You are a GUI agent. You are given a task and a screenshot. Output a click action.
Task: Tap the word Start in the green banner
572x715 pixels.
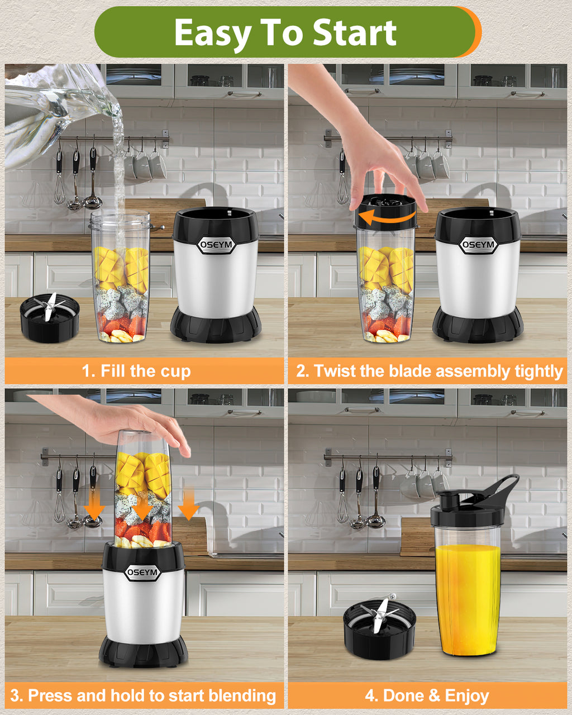355,32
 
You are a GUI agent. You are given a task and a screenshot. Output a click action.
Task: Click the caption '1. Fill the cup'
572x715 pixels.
136,371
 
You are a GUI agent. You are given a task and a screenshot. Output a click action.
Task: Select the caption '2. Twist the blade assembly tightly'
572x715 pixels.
430,371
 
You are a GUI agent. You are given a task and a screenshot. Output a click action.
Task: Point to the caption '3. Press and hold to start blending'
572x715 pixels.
143,695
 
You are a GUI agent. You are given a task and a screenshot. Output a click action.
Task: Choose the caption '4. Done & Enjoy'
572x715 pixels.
427,695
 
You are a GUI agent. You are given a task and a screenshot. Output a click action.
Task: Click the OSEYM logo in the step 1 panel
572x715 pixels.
216,245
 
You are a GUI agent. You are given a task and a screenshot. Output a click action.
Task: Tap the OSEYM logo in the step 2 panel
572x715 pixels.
478,245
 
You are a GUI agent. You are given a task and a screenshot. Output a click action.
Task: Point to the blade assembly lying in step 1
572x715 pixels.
50,317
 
